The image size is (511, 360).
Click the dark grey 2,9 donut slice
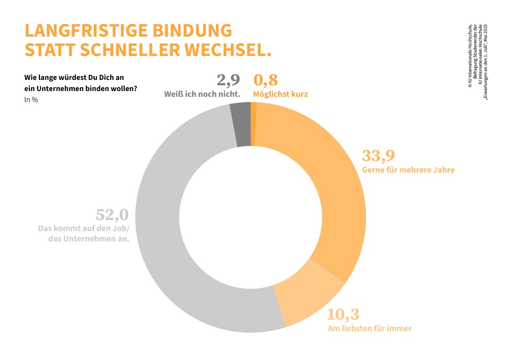[x=241, y=124]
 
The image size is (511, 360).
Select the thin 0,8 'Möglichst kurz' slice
[x=253, y=124]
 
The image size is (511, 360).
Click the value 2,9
[x=228, y=80]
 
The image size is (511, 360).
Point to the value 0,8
[x=265, y=80]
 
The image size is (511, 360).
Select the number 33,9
[x=378, y=156]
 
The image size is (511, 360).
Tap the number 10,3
[x=343, y=314]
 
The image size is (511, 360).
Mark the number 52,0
[x=112, y=215]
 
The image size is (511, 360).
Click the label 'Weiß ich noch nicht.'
[x=202, y=94]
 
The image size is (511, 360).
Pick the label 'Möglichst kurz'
[x=280, y=94]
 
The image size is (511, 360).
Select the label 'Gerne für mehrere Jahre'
[x=408, y=170]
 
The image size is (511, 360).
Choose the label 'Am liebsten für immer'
[x=370, y=329]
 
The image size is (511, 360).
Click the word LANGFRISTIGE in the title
[x=86, y=30]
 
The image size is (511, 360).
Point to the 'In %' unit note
[x=31, y=100]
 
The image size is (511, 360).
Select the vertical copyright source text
[x=478, y=62]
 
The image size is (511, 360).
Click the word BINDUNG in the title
[x=192, y=30]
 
